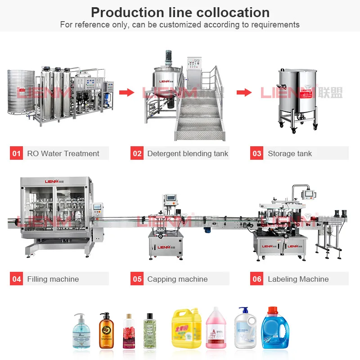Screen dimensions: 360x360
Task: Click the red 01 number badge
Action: tap(17, 153)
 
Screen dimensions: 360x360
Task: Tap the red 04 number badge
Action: tap(17, 279)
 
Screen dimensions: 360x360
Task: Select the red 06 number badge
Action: tap(257, 279)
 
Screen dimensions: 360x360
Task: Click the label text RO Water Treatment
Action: tap(63, 153)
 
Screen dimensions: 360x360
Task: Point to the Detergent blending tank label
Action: tap(188, 153)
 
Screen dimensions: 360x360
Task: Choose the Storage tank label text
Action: tap(290, 153)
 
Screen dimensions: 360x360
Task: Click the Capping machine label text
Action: tap(177, 279)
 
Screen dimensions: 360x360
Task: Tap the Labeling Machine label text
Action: tap(298, 279)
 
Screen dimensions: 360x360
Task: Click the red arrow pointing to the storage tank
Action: tap(244, 92)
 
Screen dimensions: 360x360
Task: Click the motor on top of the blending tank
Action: tap(169, 57)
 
